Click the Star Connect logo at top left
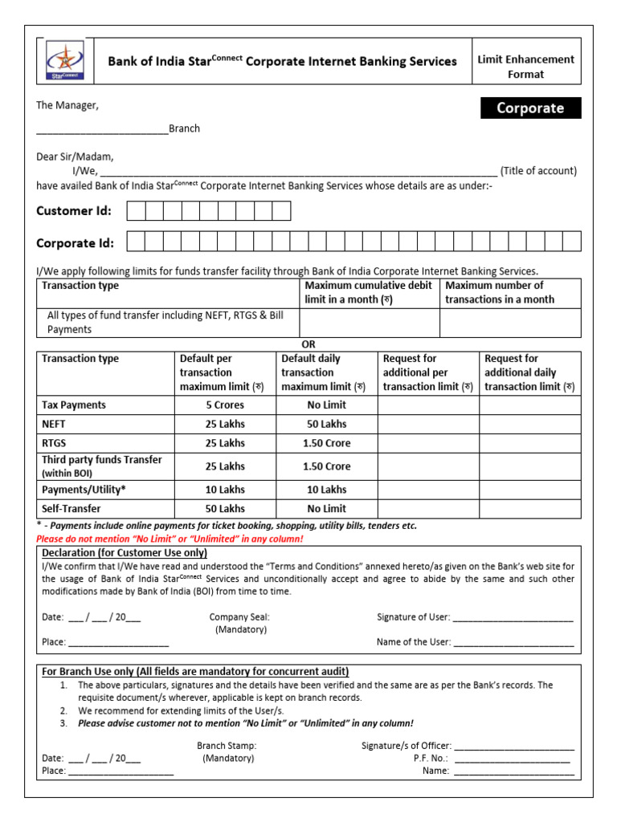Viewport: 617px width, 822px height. click(x=62, y=61)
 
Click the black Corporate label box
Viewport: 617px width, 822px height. click(x=530, y=108)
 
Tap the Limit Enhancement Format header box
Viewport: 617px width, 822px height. click(x=525, y=67)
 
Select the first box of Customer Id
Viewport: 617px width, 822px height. click(x=136, y=211)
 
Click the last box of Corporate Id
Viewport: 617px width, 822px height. click(x=571, y=242)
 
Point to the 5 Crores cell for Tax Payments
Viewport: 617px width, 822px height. click(x=225, y=405)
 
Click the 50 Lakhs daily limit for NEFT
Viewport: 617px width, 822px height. click(x=326, y=424)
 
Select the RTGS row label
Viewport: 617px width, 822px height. click(x=55, y=443)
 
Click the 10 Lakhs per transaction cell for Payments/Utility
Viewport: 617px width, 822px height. click(x=225, y=490)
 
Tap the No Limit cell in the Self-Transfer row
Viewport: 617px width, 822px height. click(x=326, y=509)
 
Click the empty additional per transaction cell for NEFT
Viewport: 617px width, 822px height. click(x=428, y=424)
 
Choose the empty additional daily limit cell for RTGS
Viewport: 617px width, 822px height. click(x=530, y=443)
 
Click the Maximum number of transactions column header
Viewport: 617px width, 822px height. click(x=509, y=292)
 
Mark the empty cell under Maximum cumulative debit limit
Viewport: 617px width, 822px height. click(x=369, y=323)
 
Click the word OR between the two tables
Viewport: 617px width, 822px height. click(x=308, y=344)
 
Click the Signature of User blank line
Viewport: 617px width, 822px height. click(x=513, y=618)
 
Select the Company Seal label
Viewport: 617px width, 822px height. click(x=239, y=617)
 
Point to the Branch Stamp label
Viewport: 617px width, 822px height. click(x=227, y=746)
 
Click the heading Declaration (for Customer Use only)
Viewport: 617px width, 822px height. click(x=125, y=553)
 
